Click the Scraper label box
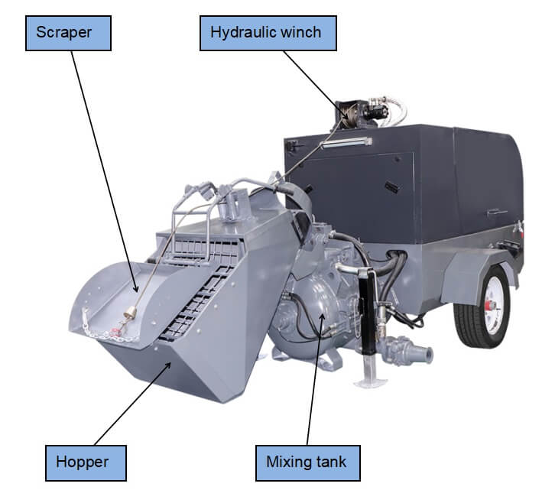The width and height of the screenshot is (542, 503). click(x=68, y=34)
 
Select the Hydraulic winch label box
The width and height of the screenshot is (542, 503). click(x=265, y=34)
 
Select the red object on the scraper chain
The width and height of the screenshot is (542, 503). click(x=116, y=329)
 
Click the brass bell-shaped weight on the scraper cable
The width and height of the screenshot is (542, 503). click(x=129, y=313)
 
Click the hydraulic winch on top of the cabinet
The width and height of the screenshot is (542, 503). click(x=355, y=112)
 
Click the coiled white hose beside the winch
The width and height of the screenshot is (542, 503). click(x=398, y=108)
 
